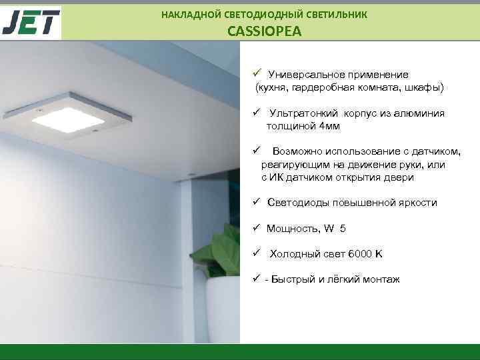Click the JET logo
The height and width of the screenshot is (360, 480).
(x=31, y=22)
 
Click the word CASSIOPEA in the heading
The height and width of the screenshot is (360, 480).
(x=264, y=31)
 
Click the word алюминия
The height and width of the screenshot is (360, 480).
(x=418, y=113)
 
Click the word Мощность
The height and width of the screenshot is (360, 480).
(x=292, y=229)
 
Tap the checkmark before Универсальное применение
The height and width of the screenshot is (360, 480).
(x=255, y=74)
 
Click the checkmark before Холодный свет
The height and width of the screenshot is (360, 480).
(x=255, y=253)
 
